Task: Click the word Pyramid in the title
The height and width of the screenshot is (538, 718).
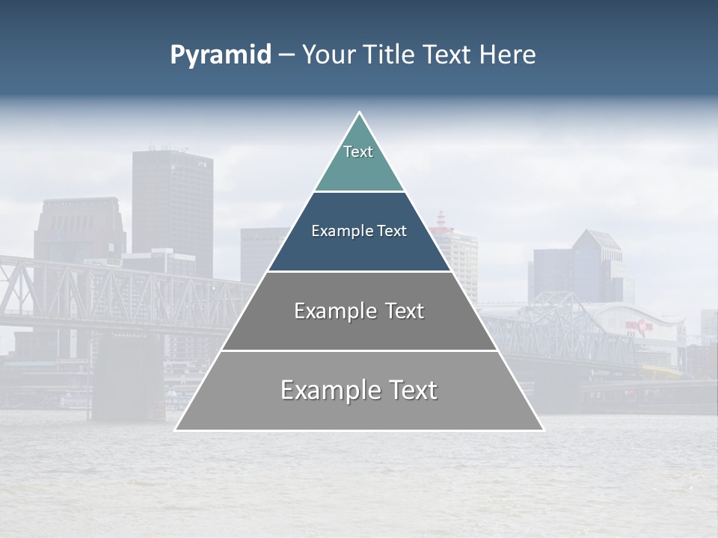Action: tap(220, 55)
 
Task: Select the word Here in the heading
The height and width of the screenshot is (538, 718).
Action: tap(507, 55)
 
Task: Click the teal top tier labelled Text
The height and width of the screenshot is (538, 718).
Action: tap(359, 161)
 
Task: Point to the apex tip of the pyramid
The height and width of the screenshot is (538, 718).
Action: tap(359, 113)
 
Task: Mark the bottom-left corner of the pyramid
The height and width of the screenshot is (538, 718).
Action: tap(176, 430)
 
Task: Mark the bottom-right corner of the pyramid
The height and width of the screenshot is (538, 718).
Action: tap(543, 430)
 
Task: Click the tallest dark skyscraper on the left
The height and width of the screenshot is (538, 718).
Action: tap(172, 202)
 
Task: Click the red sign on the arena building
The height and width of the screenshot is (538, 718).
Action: tap(639, 326)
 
